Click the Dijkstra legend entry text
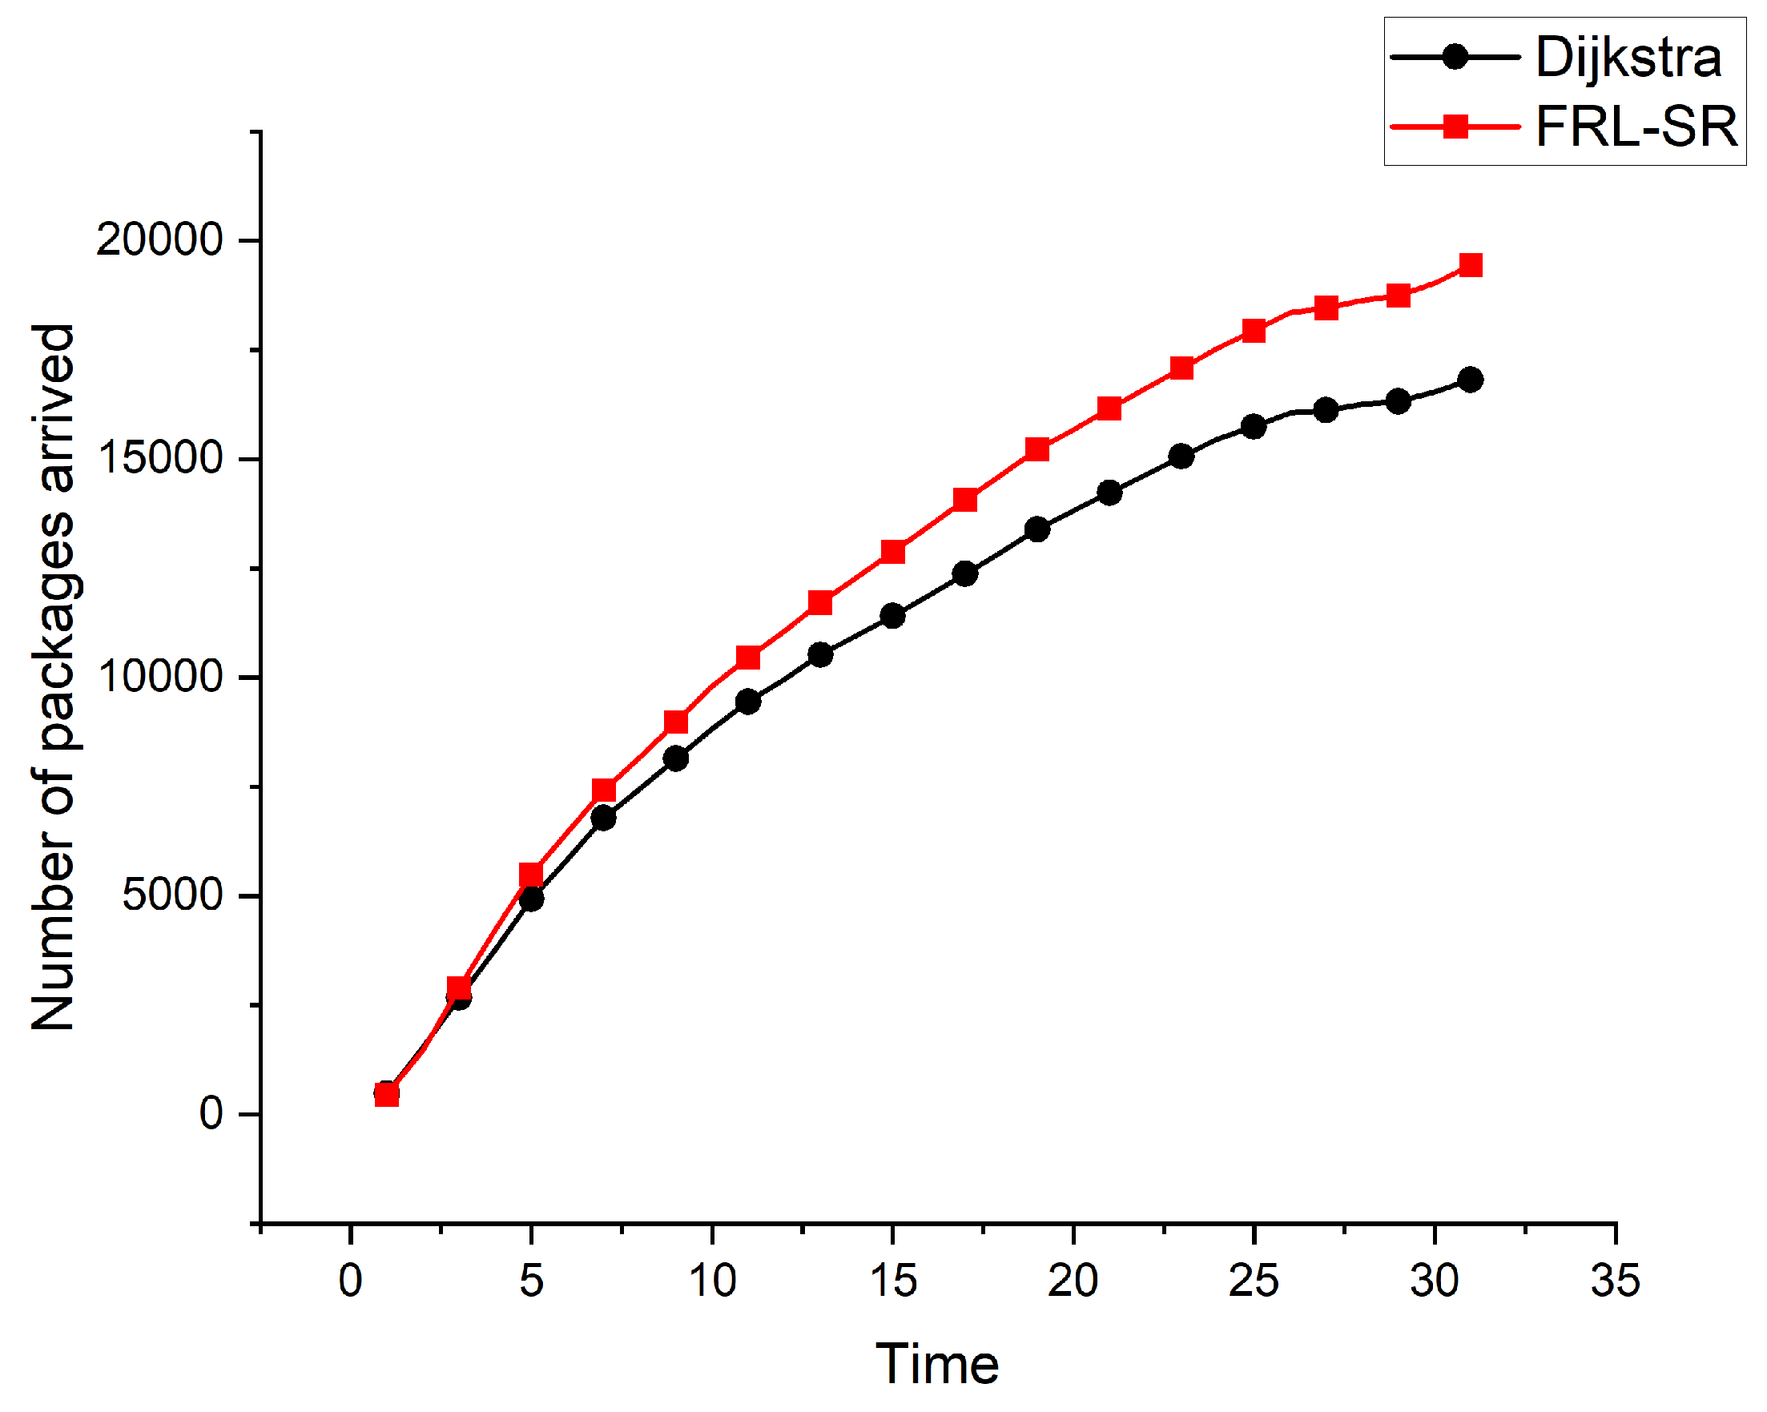tap(1628, 58)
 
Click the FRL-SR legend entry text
tap(1636, 127)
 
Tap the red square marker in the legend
tap(1455, 127)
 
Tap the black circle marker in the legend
tap(1455, 58)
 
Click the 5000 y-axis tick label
tap(173, 895)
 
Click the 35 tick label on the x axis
tap(1616, 1281)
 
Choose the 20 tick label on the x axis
tap(1073, 1281)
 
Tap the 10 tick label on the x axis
tap(711, 1281)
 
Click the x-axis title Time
tap(937, 1366)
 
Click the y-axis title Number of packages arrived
tap(54, 677)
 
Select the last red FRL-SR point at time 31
tap(1471, 264)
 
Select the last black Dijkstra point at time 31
tap(1471, 380)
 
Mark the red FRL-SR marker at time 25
tap(1254, 331)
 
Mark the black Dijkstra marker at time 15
tap(892, 615)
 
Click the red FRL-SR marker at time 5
tap(531, 875)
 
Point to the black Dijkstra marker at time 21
tap(1109, 493)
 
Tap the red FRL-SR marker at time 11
tap(748, 658)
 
